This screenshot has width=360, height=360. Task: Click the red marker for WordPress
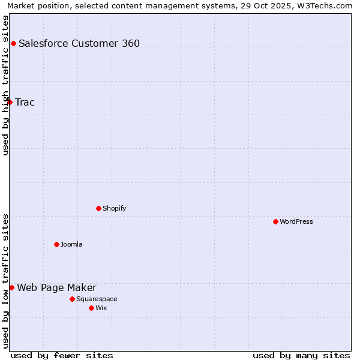tap(275, 221)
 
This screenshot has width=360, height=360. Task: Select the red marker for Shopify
tap(98, 208)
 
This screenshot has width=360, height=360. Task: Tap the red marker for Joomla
tap(56, 244)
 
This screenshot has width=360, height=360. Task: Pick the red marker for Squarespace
tap(72, 299)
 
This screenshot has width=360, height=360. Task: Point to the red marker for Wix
tap(91, 308)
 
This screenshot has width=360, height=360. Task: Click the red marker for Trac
tap(10, 102)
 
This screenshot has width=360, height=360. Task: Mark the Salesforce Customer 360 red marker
tap(13, 43)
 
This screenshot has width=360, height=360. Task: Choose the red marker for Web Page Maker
tap(11, 287)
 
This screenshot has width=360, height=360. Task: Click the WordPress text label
tap(296, 221)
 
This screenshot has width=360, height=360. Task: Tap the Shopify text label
tap(114, 208)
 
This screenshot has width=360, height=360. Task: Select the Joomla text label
tap(71, 244)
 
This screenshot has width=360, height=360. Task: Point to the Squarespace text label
tap(97, 299)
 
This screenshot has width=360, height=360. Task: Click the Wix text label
tap(101, 308)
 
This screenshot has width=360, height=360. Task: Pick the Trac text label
tap(25, 102)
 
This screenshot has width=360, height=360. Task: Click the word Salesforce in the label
tap(43, 43)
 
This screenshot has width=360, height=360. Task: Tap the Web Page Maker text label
tap(56, 287)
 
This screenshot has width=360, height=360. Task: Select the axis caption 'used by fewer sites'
tap(62, 355)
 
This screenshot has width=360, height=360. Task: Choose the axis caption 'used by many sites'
tap(301, 355)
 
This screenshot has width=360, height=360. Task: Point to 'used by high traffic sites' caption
tap(5, 85)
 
